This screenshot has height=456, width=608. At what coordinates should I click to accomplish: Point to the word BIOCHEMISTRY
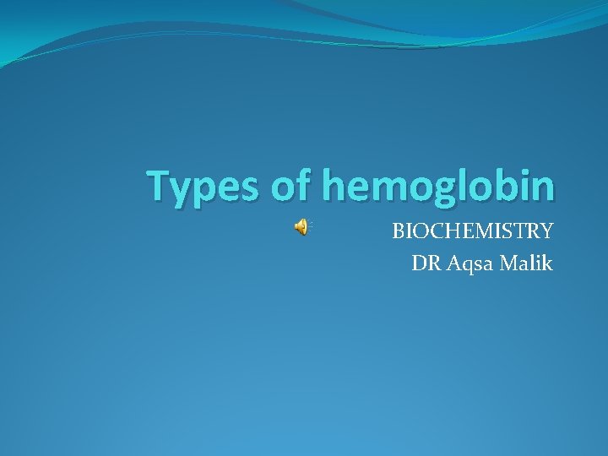(472, 231)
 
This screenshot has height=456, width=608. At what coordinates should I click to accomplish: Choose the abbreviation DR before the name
(424, 263)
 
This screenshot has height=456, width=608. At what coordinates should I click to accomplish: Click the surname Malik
(525, 263)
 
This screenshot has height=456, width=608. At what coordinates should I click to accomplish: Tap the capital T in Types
(158, 186)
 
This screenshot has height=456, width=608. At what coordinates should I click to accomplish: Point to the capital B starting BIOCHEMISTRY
(398, 231)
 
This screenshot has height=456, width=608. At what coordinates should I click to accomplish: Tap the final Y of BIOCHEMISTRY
(546, 231)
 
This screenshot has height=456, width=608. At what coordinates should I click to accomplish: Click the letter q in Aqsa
(461, 266)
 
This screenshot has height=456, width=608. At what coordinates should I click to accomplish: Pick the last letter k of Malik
(547, 263)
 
